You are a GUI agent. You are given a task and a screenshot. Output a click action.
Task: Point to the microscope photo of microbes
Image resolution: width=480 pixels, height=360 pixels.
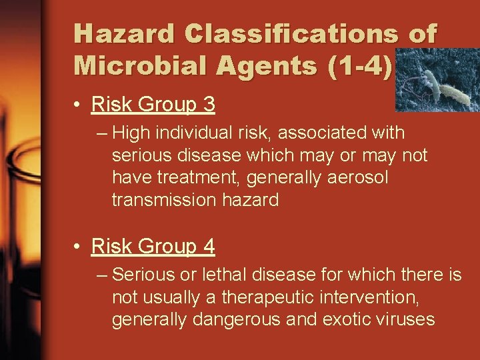pos(437,80)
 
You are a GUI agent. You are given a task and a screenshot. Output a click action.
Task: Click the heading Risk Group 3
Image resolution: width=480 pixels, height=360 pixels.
pos(153,105)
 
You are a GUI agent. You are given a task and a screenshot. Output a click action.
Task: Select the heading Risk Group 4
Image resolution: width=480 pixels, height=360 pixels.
pos(153,247)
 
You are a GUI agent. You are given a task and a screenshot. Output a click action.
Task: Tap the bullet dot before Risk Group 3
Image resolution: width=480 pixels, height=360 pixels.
pos(78,105)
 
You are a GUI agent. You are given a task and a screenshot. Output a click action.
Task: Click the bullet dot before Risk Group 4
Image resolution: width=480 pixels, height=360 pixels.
pos(78,248)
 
